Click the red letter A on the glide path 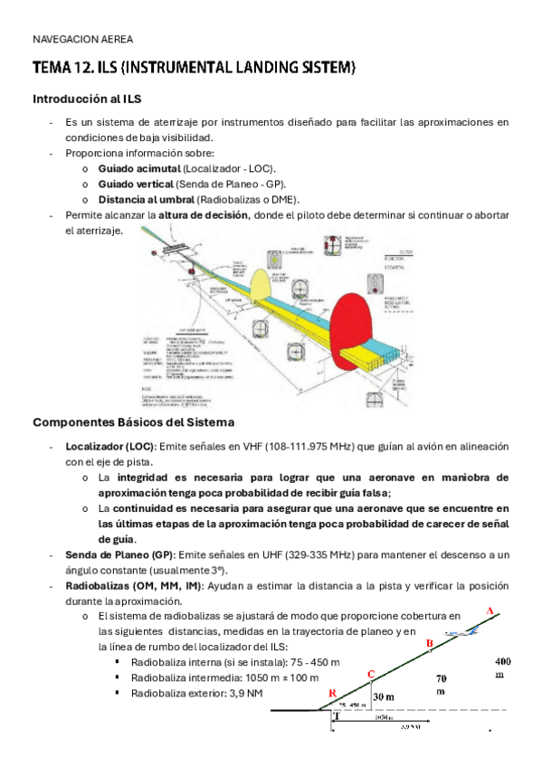(490, 611)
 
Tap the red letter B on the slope (430, 643)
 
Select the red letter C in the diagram (371, 674)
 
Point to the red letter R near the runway (333, 693)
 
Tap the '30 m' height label (385, 696)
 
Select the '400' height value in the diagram (502, 660)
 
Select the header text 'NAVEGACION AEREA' (82, 40)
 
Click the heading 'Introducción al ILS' (86, 98)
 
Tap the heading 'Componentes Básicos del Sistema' (133, 422)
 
